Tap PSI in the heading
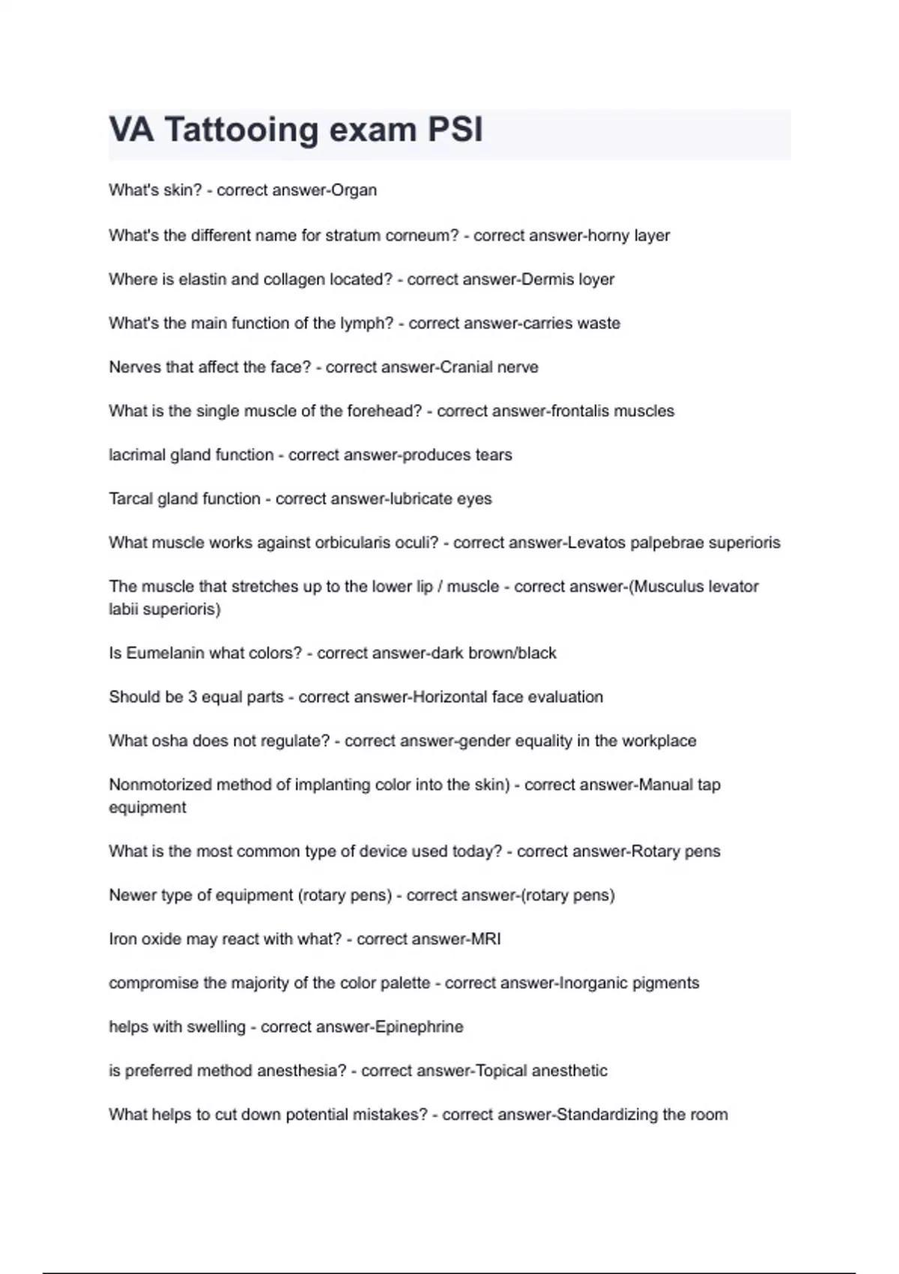click(x=455, y=130)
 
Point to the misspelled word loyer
click(x=596, y=280)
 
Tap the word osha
click(x=170, y=741)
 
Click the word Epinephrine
click(x=419, y=1027)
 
